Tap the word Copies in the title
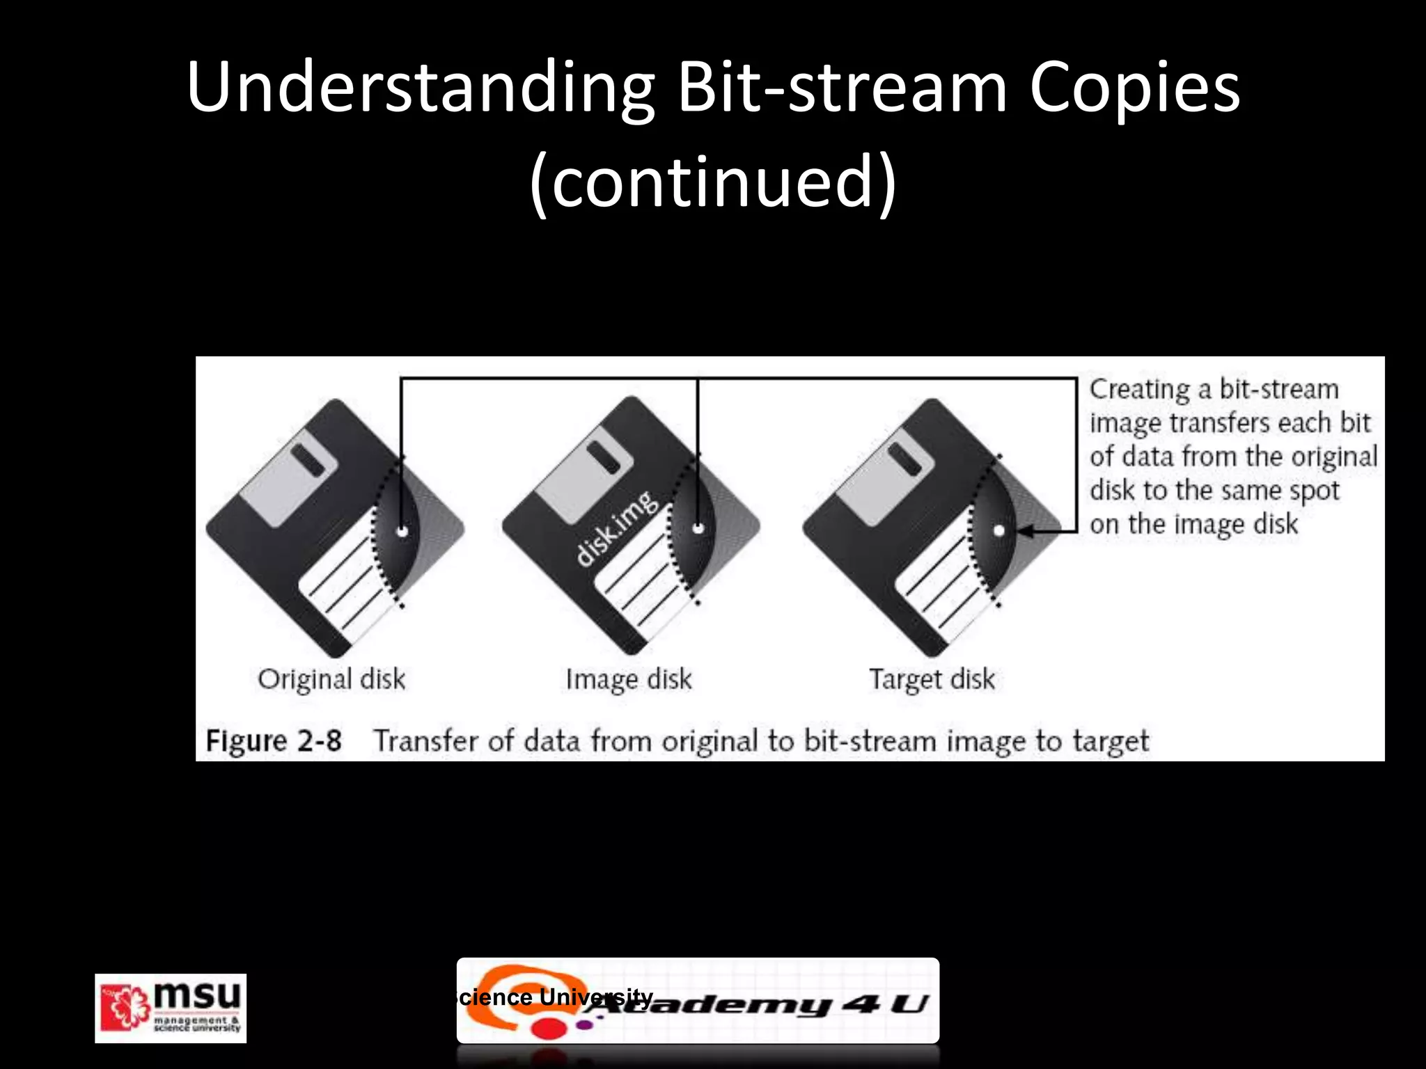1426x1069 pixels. tap(1134, 89)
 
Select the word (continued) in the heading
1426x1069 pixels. tap(712, 182)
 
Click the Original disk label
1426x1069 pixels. tap(331, 679)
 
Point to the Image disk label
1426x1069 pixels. tap(629, 679)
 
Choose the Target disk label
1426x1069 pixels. tap(932, 679)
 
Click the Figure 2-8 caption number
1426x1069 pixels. tap(274, 741)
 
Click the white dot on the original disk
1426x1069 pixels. tap(402, 531)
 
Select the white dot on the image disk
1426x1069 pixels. tap(698, 529)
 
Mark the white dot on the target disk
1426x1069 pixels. tap(998, 531)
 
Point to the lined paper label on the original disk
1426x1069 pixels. tap(345, 585)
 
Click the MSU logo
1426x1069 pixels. tap(171, 1008)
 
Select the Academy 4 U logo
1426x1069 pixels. tap(698, 1001)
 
